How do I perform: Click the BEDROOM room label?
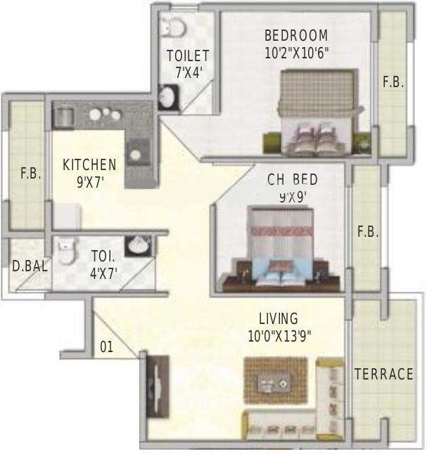point(295,35)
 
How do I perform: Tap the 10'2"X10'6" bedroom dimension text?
point(296,51)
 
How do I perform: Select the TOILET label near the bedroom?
point(188,56)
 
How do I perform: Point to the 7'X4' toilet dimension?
point(189,71)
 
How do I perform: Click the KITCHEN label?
point(89,165)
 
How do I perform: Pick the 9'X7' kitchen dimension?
point(89,181)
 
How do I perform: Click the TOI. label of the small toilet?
point(103,257)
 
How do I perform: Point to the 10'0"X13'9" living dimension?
point(279,336)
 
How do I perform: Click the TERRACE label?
point(383,374)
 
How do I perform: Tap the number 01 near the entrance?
point(107,346)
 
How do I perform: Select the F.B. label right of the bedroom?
point(393,82)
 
